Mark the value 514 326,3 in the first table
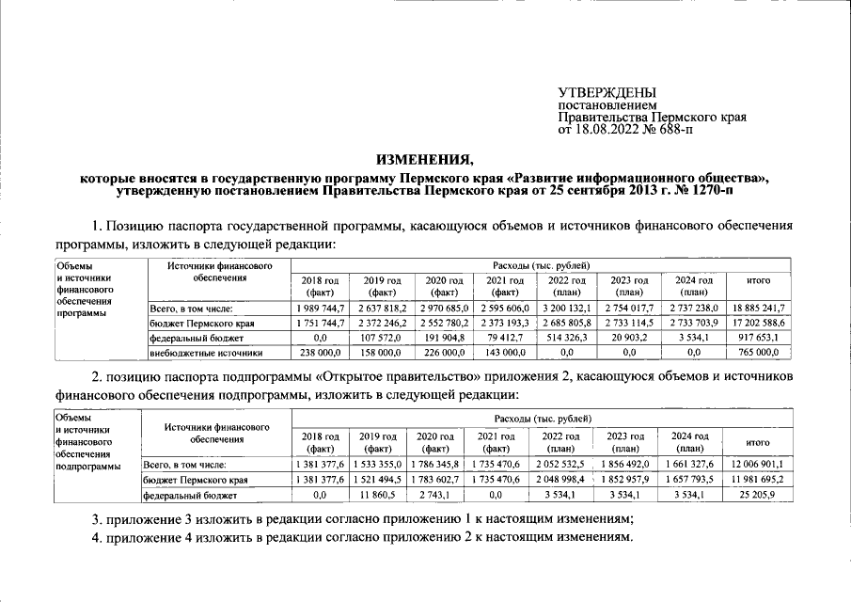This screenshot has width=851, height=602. tap(567, 338)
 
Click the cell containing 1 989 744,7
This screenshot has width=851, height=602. tap(320, 308)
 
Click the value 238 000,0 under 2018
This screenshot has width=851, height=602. tap(320, 353)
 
